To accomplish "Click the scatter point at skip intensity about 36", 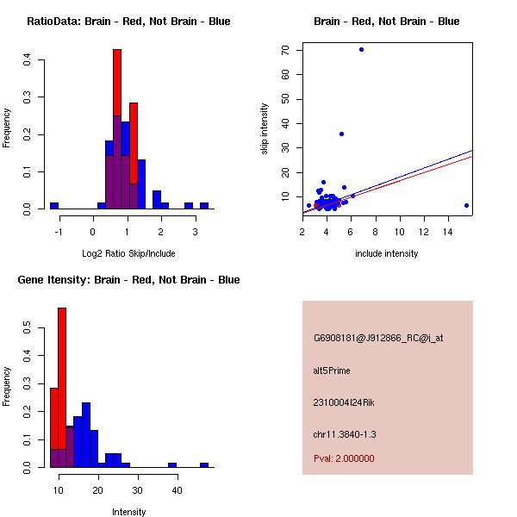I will click(x=341, y=134).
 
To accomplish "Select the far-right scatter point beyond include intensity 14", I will click(x=466, y=205).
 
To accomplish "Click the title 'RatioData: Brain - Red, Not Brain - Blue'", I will click(x=128, y=22).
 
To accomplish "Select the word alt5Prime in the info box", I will click(x=332, y=371).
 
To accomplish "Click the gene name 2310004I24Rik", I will click(x=344, y=402).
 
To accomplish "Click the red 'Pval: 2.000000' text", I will click(x=344, y=458).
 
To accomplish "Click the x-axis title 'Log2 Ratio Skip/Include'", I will click(x=128, y=253).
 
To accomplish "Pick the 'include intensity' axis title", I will click(x=387, y=253).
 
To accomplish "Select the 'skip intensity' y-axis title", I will click(x=265, y=129).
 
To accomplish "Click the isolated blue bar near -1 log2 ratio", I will click(x=54, y=206).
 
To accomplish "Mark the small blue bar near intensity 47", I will click(x=204, y=464).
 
